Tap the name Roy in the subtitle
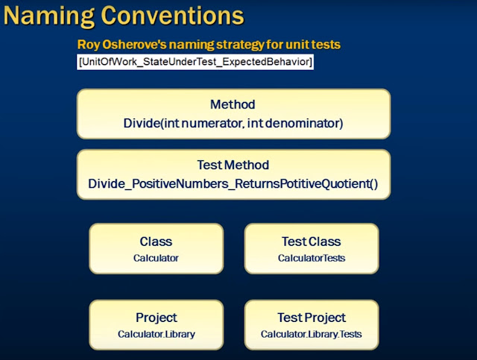pos(88,45)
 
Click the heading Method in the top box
pos(233,105)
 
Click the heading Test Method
pos(233,165)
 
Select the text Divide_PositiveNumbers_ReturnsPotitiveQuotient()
pos(233,183)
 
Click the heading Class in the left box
pos(156,241)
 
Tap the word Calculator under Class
pos(156,258)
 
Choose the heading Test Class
pos(311,241)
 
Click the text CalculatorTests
pos(311,258)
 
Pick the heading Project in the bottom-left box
pos(156,318)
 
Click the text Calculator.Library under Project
pos(156,334)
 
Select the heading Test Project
pos(311,318)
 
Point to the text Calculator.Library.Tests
pos(311,334)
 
